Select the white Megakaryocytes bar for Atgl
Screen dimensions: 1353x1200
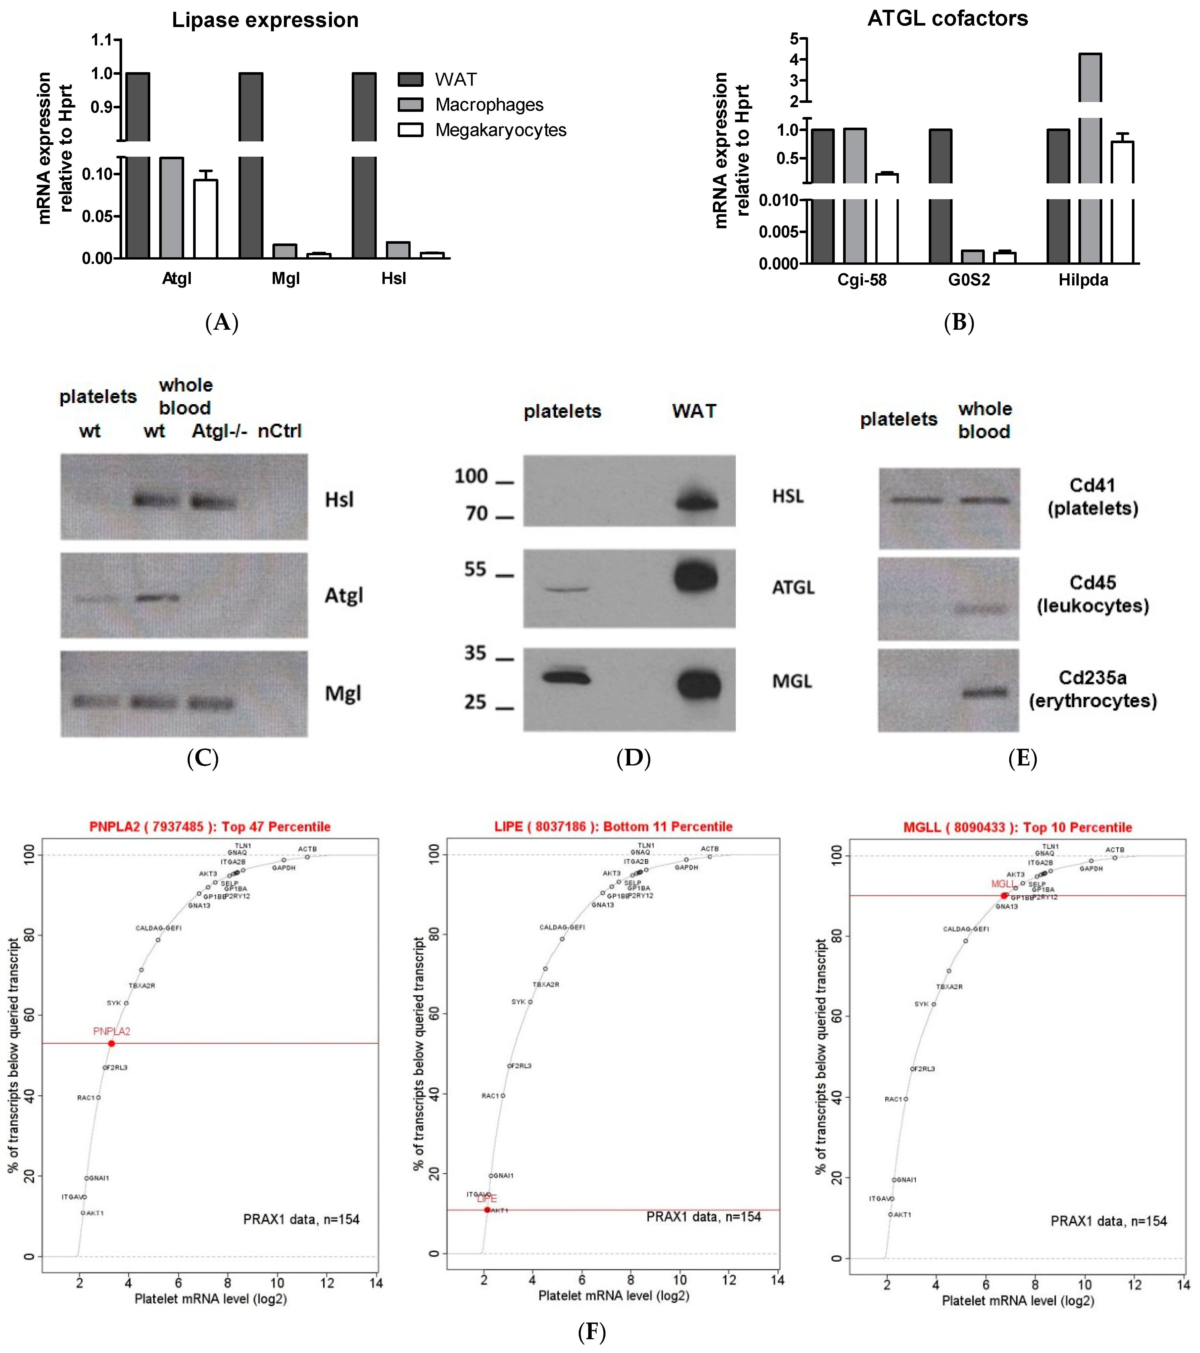[205, 218]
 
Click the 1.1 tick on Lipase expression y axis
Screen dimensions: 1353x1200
[103, 40]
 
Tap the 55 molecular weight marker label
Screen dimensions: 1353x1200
[475, 569]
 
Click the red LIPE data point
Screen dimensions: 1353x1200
[487, 1210]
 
